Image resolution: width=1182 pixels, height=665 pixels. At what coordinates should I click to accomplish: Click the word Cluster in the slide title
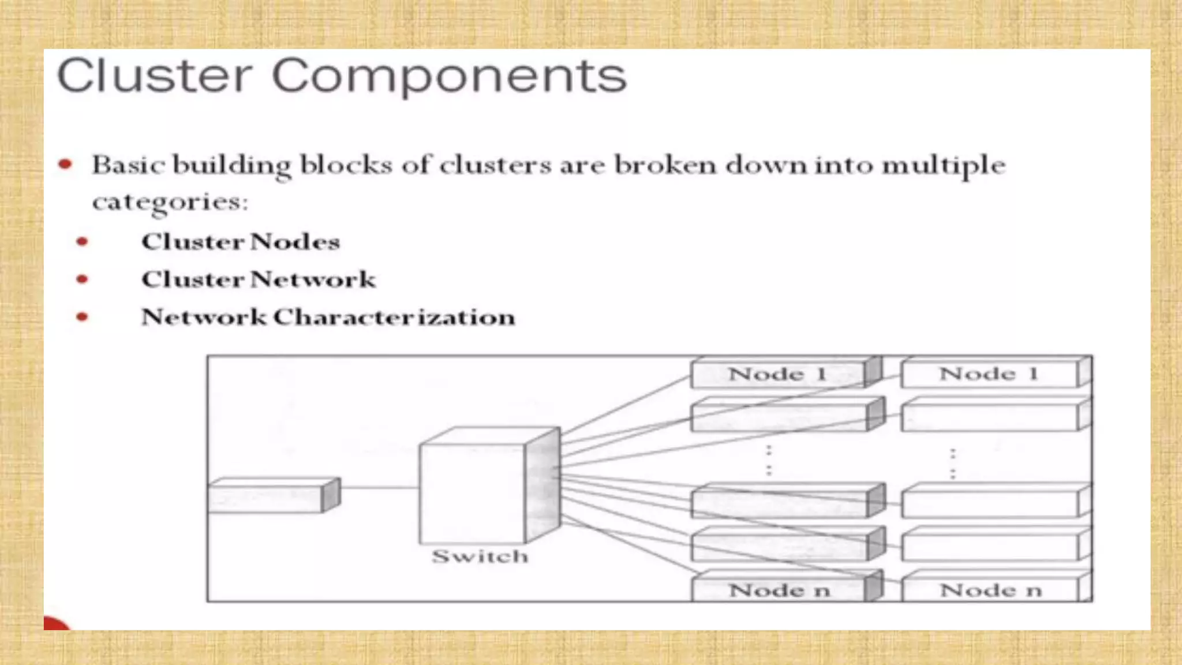coord(155,76)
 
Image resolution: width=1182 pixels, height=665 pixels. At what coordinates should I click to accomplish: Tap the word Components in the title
coord(449,77)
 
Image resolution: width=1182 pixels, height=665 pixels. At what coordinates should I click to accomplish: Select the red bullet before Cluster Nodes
coord(83,241)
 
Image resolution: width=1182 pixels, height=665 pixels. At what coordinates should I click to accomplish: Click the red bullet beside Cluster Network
coord(83,279)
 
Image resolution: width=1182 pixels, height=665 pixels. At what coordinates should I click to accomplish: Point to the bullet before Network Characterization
coord(83,317)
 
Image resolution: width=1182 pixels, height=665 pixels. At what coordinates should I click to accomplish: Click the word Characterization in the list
coord(394,317)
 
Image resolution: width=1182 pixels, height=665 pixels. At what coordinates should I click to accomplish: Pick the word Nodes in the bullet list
coord(295,241)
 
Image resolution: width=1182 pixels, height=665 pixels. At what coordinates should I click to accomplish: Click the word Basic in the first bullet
coord(128,165)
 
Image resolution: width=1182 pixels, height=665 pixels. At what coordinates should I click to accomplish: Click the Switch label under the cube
coord(480,556)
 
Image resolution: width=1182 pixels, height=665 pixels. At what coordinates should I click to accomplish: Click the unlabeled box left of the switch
coord(268,497)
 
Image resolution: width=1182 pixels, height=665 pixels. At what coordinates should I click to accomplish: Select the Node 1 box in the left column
coord(779,374)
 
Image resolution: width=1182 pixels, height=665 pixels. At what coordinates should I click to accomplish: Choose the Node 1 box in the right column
coord(989,374)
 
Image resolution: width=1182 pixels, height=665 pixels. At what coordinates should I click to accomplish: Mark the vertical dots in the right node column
coord(952,463)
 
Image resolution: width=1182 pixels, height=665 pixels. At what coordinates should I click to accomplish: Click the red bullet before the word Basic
coord(66,165)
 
